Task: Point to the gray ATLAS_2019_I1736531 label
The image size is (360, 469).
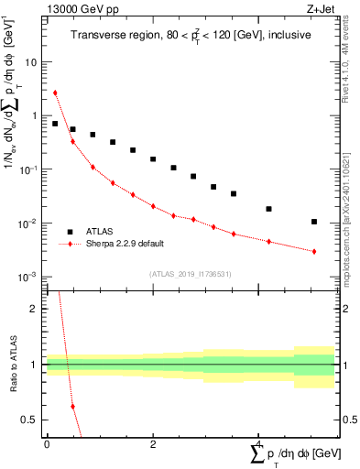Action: pyautogui.click(x=190, y=274)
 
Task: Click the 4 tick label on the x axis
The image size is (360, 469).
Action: pyautogui.click(x=258, y=444)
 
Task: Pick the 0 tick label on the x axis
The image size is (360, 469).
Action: pyautogui.click(x=47, y=444)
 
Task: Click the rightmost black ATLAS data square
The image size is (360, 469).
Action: pyautogui.click(x=314, y=222)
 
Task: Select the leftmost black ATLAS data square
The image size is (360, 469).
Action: pyautogui.click(x=55, y=124)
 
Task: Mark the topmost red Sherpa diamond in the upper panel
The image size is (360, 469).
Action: pyautogui.click(x=55, y=93)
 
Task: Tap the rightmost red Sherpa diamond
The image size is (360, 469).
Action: pyautogui.click(x=314, y=251)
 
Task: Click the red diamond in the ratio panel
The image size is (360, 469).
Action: pyautogui.click(x=72, y=406)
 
